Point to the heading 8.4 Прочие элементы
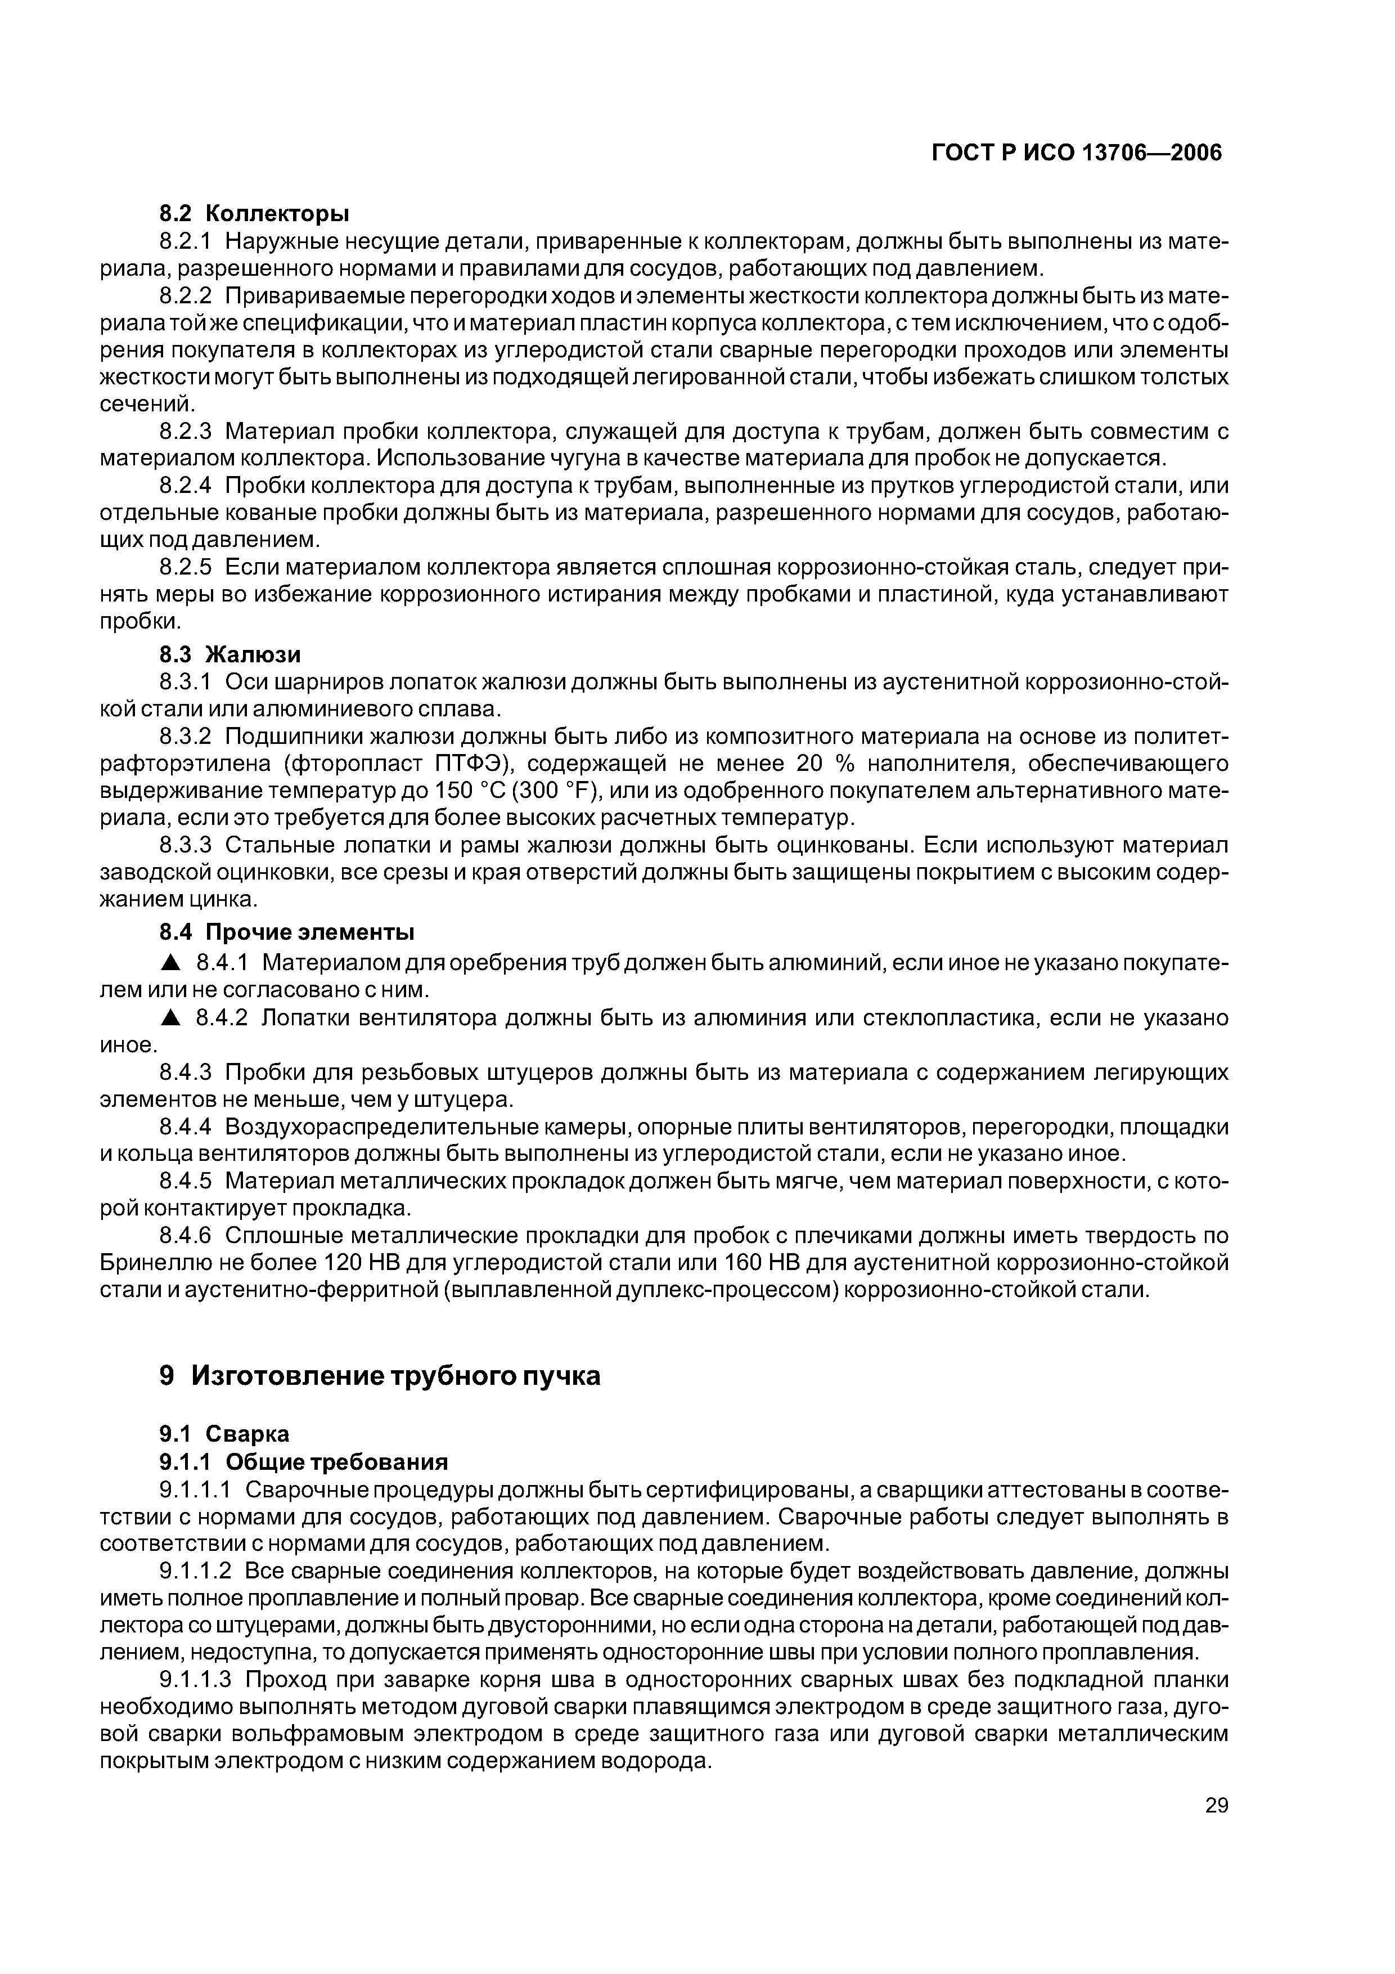[x=287, y=932]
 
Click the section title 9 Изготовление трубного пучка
[x=380, y=1376]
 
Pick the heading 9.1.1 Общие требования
[x=304, y=1461]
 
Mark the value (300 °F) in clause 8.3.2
[x=556, y=791]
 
